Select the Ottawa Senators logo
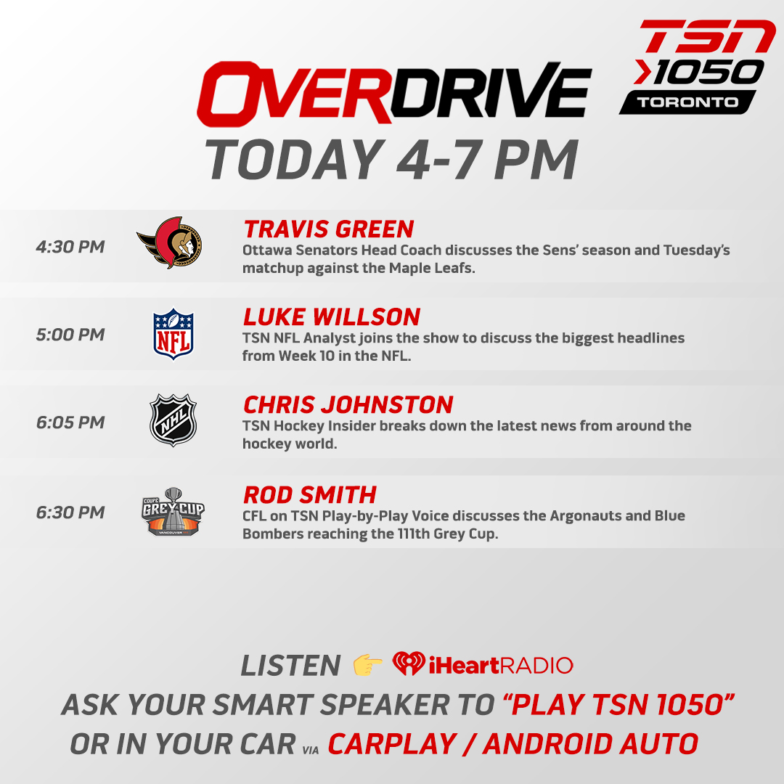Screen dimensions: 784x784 [171, 242]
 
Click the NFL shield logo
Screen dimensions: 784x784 [173, 333]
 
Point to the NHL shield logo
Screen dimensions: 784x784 [173, 420]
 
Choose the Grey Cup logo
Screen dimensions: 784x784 [173, 512]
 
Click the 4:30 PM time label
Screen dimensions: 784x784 [70, 247]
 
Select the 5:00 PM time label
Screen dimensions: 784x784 [70, 335]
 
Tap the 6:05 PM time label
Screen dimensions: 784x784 [70, 422]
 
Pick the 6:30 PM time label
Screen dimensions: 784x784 [70, 513]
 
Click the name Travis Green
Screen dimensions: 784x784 [329, 229]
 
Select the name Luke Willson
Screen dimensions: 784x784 [332, 317]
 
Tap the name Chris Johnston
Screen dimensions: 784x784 [348, 405]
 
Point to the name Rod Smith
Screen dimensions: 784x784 [310, 495]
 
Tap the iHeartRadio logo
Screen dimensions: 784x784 [483, 664]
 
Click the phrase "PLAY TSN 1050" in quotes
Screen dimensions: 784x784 [619, 703]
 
